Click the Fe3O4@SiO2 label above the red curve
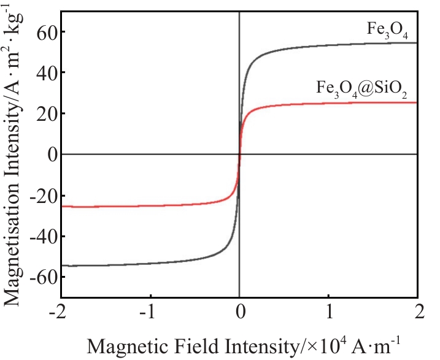click(x=362, y=88)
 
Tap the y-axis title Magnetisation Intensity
click(x=15, y=153)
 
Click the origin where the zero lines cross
click(x=239, y=154)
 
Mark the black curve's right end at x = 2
click(x=417, y=43)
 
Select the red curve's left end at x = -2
click(x=62, y=206)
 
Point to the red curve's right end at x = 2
click(x=417, y=102)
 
